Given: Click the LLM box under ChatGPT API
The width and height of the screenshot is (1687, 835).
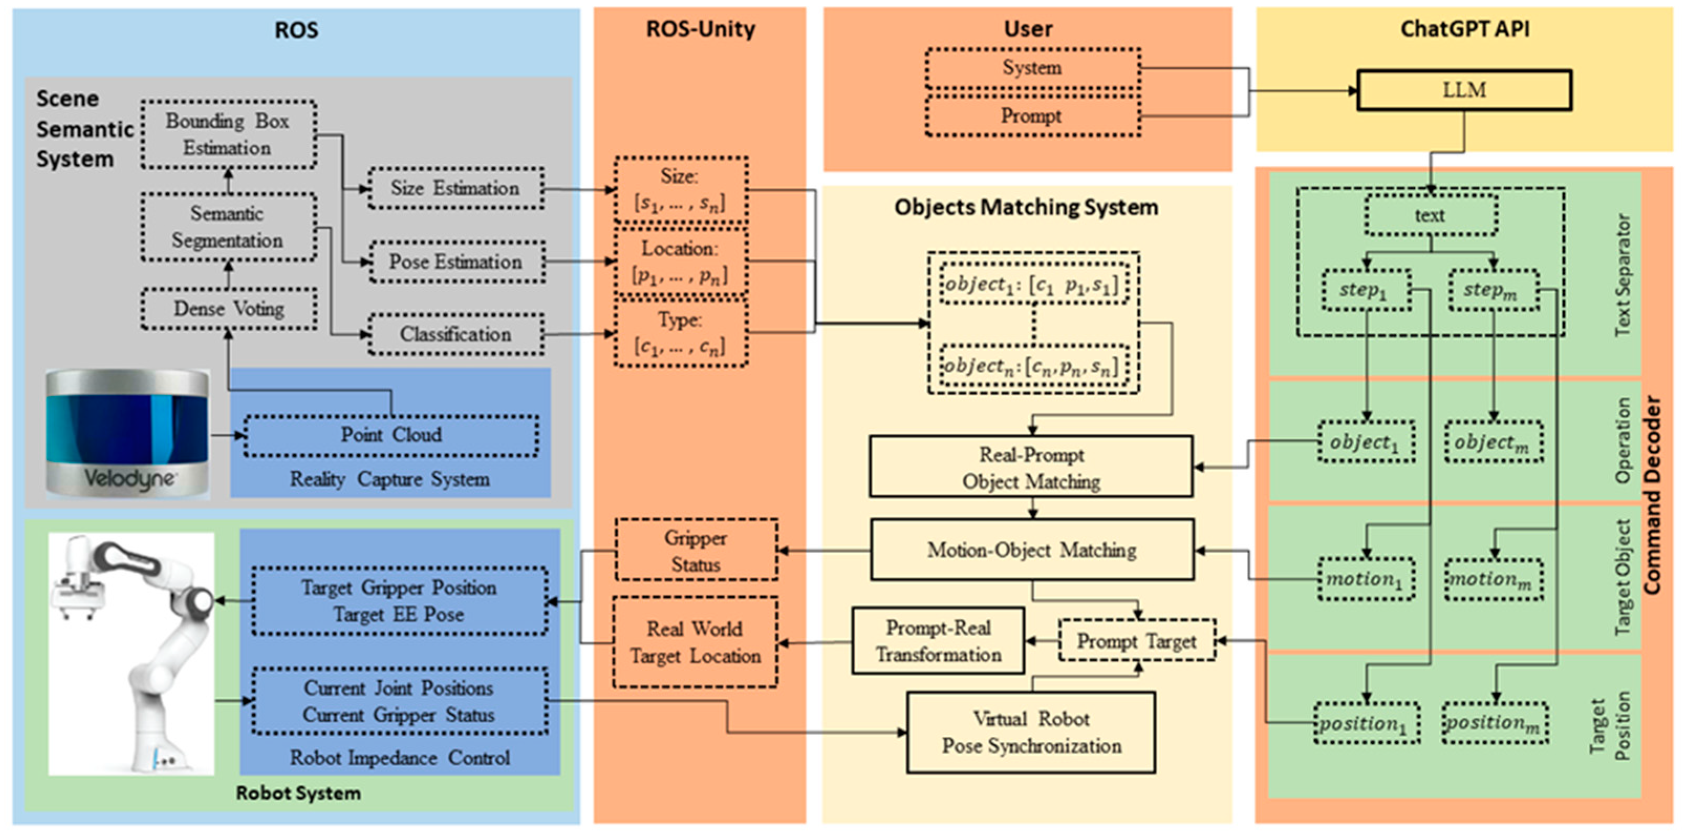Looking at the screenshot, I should pyautogui.click(x=1464, y=90).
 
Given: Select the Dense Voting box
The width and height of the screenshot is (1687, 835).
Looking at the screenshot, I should pyautogui.click(x=229, y=309).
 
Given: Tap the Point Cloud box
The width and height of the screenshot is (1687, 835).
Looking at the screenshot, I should pyautogui.click(x=391, y=435).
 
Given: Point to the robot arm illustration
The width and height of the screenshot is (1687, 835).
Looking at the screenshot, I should pyautogui.click(x=131, y=652).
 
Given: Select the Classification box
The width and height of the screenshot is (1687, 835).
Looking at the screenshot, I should pyautogui.click(x=455, y=334).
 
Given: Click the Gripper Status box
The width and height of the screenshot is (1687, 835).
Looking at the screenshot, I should pyautogui.click(x=696, y=551).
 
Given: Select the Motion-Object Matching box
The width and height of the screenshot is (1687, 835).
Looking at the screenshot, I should pyautogui.click(x=1032, y=550).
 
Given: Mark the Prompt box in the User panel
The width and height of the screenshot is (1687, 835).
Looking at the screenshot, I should pyautogui.click(x=1032, y=116).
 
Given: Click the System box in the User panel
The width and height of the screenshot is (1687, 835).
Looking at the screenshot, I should pyautogui.click(x=1032, y=68).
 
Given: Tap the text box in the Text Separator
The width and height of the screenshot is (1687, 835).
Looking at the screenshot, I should pyautogui.click(x=1430, y=215).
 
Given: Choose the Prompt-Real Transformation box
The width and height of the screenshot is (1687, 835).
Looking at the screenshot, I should pyautogui.click(x=938, y=641).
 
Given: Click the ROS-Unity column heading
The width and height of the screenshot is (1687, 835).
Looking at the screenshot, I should pyautogui.click(x=700, y=29).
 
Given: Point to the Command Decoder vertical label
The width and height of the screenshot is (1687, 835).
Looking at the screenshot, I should pyautogui.click(x=1653, y=495).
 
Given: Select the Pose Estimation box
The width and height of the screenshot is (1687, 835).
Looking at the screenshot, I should pyautogui.click(x=455, y=261).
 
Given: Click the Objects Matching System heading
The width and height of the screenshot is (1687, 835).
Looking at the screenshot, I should pyautogui.click(x=1026, y=207).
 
